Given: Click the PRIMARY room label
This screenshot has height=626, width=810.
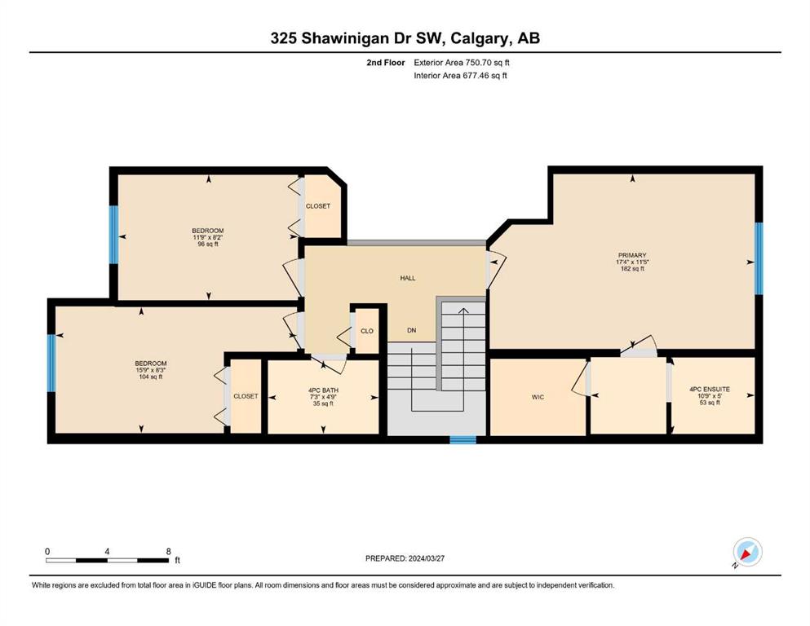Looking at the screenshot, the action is (x=632, y=255).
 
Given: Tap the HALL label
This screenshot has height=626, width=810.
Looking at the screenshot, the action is (x=408, y=278).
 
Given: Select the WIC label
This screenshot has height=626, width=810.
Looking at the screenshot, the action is (x=538, y=397).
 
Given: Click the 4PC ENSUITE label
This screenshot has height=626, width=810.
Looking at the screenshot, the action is (x=710, y=389).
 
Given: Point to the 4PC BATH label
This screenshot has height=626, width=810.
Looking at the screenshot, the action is (x=323, y=390).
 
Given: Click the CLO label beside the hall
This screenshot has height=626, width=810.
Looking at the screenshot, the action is (x=367, y=331).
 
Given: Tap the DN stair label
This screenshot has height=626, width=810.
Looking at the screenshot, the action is (x=412, y=330).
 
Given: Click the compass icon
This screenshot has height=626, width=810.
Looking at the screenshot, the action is (x=747, y=552).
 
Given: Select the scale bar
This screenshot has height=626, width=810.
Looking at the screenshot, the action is (x=108, y=560).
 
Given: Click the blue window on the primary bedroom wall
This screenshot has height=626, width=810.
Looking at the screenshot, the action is (x=759, y=258).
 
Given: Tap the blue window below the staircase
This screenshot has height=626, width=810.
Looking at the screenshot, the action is (x=463, y=439).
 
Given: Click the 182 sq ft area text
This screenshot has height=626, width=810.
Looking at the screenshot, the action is (x=632, y=268).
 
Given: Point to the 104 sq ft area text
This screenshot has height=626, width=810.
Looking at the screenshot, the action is (x=150, y=377).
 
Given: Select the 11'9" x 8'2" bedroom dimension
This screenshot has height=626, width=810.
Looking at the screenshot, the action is (x=208, y=237).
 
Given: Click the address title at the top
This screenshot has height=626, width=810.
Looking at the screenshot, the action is (x=405, y=38).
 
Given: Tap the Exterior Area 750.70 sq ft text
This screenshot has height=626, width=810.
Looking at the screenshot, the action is (x=462, y=63).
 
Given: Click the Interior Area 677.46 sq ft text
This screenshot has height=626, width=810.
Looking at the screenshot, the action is (x=460, y=75).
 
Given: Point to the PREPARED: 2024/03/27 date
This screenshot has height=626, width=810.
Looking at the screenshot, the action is (x=405, y=558).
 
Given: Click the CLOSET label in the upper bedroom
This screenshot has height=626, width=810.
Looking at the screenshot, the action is (x=317, y=206).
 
